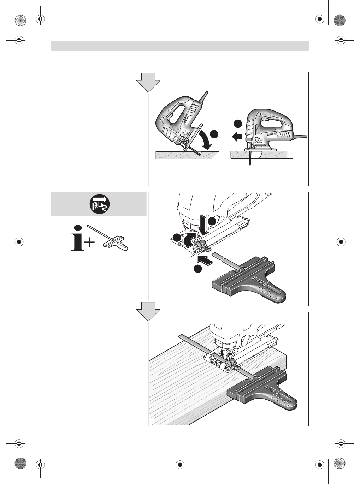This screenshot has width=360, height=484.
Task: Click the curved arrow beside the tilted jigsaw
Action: (206, 140)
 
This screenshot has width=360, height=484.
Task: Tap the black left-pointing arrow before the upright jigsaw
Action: (237, 136)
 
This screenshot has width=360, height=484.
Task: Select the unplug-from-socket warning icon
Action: (99, 204)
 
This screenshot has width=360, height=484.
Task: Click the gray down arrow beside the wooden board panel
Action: (148, 311)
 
